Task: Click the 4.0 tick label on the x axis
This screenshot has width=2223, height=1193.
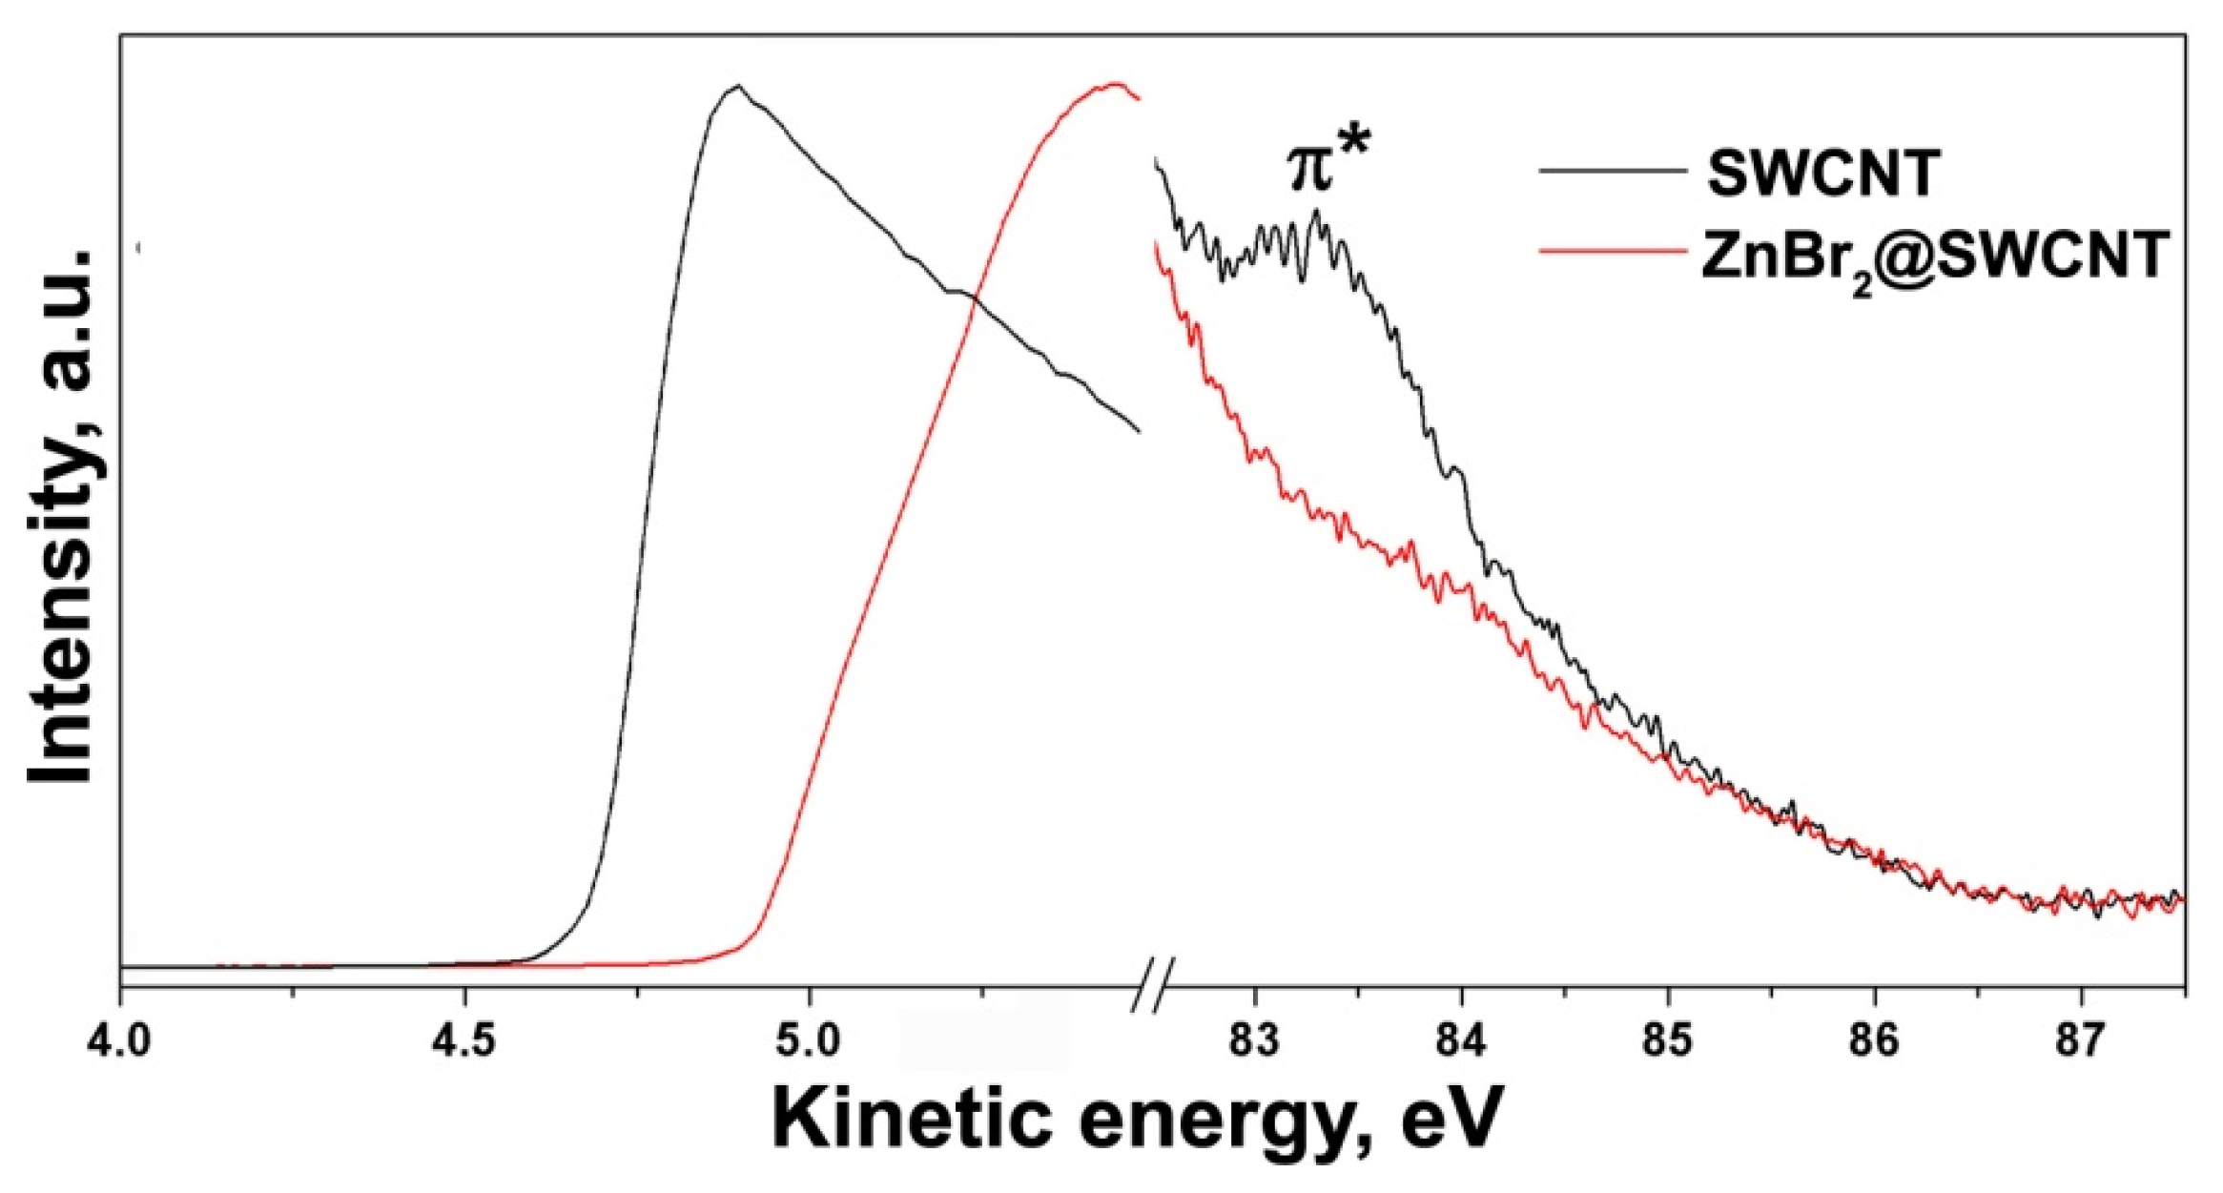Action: point(119,1039)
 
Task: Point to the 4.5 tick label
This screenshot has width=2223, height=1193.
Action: point(463,1039)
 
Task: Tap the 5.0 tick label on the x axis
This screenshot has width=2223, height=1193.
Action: point(808,1039)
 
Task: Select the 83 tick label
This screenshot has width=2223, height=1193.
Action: point(1254,1039)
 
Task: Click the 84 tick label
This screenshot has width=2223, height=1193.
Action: point(1461,1039)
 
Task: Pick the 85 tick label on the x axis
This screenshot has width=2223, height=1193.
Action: point(1668,1039)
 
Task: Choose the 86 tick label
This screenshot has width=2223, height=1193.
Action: point(1875,1039)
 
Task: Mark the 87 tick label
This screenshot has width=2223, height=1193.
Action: point(2081,1039)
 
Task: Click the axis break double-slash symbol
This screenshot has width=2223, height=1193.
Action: point(1153,983)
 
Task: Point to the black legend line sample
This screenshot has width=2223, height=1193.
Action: point(1613,171)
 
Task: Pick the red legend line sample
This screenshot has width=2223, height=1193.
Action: point(1613,250)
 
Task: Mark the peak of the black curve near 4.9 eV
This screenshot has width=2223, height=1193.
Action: point(736,86)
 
